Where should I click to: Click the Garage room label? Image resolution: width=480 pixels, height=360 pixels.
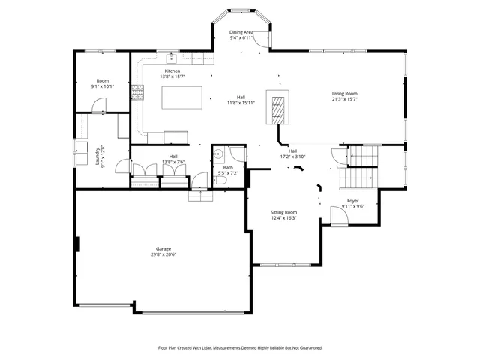click(163, 248)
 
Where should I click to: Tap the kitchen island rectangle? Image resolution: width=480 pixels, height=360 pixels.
click(183, 97)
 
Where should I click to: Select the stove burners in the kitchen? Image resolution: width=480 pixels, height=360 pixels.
click(137, 92)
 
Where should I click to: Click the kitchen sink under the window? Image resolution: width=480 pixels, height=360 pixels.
click(171, 56)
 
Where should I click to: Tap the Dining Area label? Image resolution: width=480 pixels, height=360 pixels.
click(241, 33)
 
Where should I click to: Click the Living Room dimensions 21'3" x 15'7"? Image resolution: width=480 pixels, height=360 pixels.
click(345, 99)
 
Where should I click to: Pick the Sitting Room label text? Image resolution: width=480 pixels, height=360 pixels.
click(284, 212)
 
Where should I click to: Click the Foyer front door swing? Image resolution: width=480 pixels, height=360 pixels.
click(338, 216)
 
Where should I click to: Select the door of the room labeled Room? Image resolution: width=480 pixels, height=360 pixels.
click(100, 106)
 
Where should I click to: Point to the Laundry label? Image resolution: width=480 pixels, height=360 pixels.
click(98, 155)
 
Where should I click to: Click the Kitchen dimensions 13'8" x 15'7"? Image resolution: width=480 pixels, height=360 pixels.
click(172, 76)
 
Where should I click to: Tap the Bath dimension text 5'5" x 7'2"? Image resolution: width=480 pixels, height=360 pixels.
click(227, 173)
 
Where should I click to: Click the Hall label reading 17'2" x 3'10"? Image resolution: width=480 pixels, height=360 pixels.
click(293, 157)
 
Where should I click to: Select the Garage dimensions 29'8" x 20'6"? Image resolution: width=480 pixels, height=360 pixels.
click(163, 254)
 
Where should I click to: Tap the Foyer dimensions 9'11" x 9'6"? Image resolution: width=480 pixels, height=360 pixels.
click(352, 206)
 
